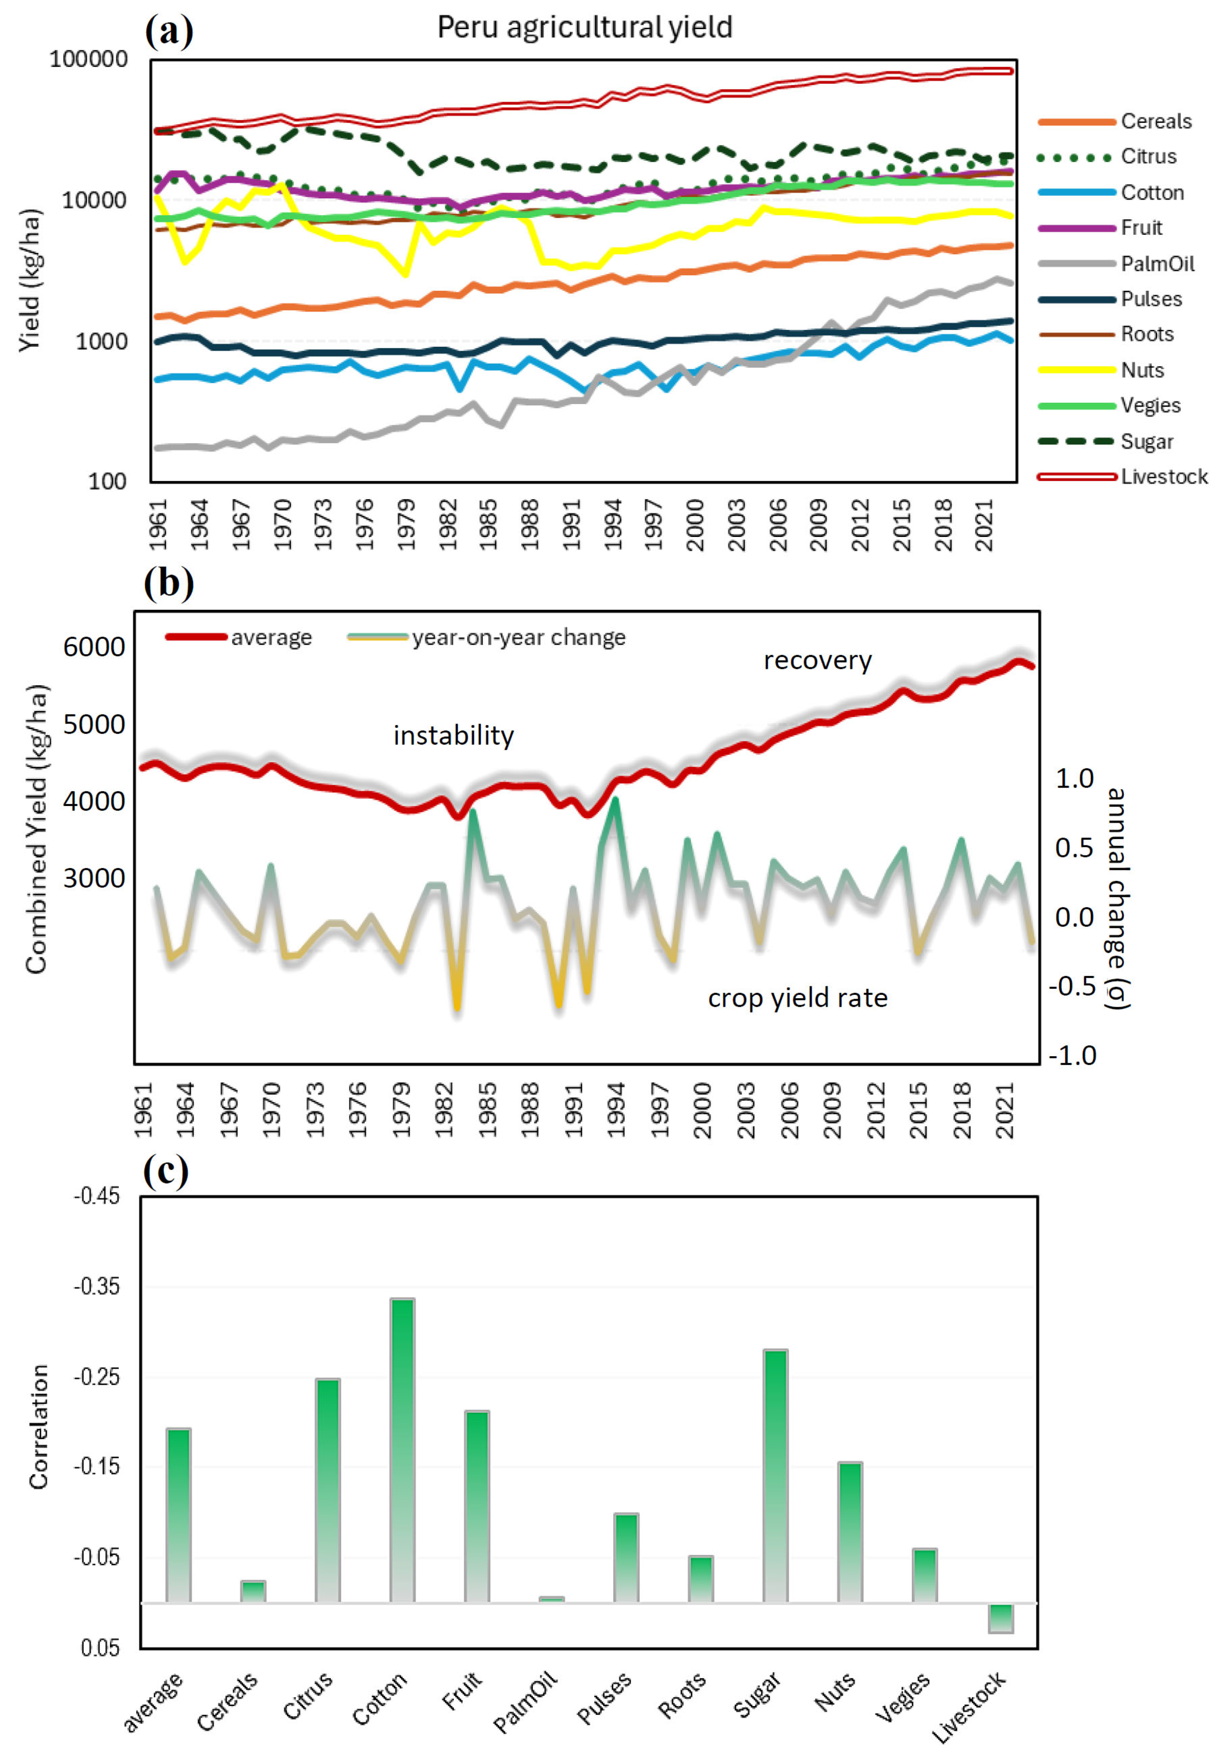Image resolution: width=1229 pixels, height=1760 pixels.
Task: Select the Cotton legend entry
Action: (1110, 193)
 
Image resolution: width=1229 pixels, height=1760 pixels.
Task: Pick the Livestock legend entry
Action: (1123, 477)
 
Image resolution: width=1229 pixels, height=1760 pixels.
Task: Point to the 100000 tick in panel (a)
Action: (89, 59)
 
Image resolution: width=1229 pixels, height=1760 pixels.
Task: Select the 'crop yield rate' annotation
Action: (798, 998)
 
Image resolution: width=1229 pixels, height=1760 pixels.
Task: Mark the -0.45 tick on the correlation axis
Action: (97, 1197)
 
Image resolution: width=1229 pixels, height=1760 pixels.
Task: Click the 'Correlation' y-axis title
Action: (38, 1427)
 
